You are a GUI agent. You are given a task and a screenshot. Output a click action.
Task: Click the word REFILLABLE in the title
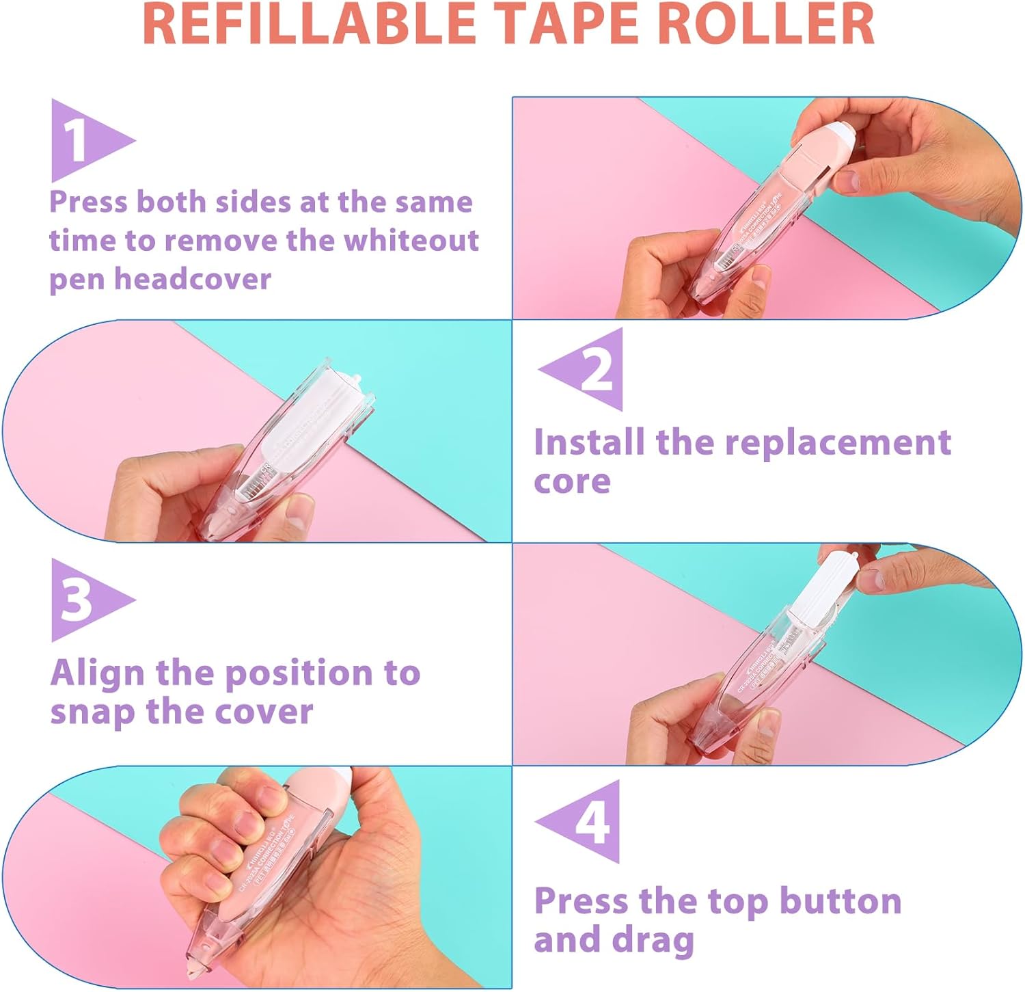pos(309,25)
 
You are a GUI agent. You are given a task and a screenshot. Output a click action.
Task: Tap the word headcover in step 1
pos(193,279)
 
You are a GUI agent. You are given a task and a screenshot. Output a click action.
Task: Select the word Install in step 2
pos(589,442)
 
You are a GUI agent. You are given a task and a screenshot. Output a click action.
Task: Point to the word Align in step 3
pos(96,673)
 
